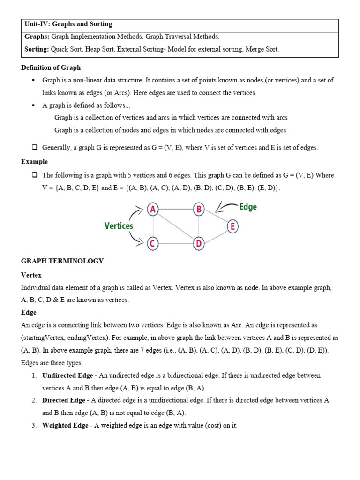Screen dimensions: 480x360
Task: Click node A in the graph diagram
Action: [153, 210]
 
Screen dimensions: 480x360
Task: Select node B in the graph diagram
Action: [199, 210]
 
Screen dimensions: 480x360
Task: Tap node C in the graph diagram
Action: [152, 243]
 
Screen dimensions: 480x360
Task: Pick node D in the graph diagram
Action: [199, 243]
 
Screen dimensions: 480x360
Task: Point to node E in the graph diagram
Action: [232, 226]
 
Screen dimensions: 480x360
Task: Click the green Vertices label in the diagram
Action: [119, 226]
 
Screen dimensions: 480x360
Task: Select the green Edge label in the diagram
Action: [248, 207]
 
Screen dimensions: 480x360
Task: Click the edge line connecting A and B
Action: [176, 210]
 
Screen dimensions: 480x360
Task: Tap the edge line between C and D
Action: [176, 243]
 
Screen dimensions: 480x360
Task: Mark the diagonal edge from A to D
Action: [176, 226]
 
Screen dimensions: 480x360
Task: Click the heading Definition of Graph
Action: [51, 67]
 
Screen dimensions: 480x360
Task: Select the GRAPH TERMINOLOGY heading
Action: [62, 261]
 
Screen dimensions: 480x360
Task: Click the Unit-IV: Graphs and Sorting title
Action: [68, 24]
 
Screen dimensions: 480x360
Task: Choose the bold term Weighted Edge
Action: [65, 426]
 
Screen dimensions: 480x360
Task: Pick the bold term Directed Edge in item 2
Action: [63, 400]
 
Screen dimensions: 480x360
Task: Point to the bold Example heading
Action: [34, 162]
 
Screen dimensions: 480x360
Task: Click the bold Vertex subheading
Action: [31, 275]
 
